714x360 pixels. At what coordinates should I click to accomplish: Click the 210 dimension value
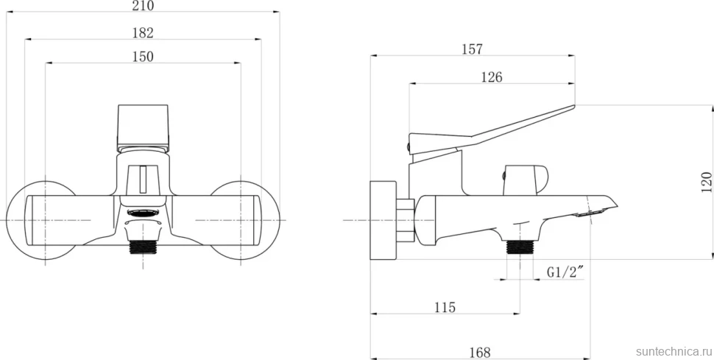click(143, 6)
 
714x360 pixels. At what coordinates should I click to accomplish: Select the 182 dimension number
click(143, 33)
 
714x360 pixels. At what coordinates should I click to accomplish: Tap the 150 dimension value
click(143, 57)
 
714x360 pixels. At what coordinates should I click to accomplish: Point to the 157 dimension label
click(472, 49)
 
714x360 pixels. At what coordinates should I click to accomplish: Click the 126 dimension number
click(492, 77)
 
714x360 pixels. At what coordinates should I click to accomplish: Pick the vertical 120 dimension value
click(706, 182)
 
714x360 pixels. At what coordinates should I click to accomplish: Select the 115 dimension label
click(445, 308)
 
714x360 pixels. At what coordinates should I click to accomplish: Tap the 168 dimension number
click(480, 352)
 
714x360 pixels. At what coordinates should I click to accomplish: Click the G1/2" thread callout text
click(565, 272)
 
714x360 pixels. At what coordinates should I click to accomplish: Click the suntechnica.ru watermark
click(674, 351)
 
